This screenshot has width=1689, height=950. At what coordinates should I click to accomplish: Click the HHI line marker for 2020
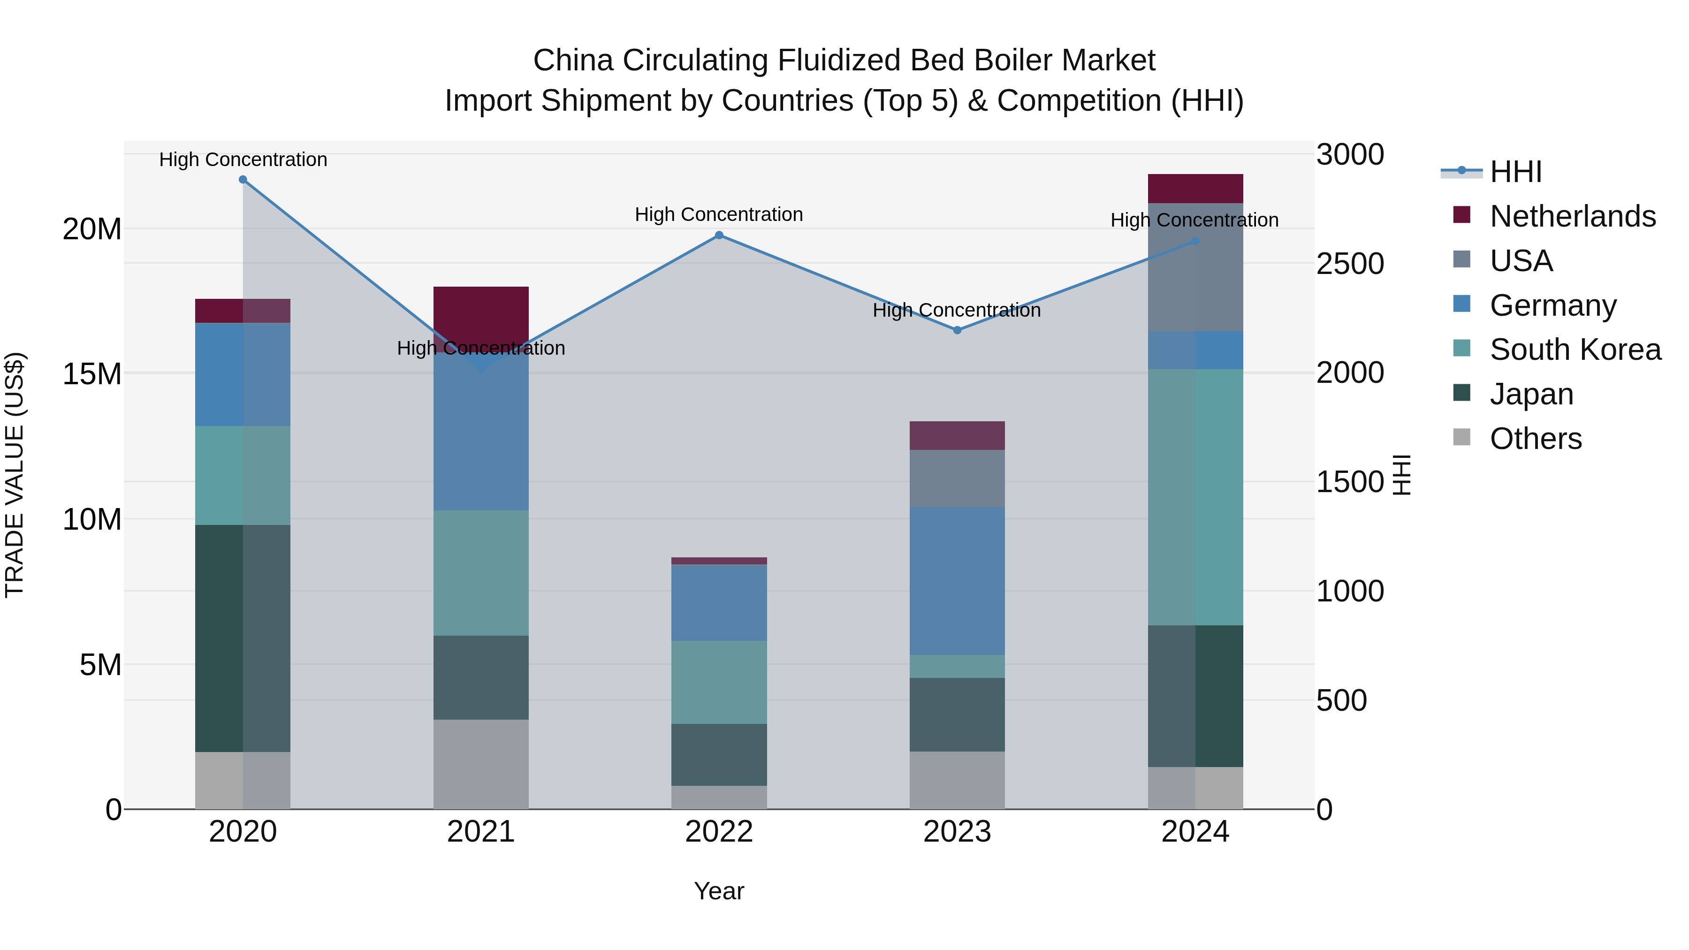coord(243,180)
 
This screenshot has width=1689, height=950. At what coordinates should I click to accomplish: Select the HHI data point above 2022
coord(719,236)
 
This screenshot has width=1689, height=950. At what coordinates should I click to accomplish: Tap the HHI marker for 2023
coord(957,330)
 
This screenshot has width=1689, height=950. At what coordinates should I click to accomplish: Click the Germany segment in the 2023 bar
coord(957,581)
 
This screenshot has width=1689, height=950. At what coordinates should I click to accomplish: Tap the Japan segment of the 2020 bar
coord(243,638)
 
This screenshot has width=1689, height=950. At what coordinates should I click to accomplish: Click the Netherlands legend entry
coord(1572,216)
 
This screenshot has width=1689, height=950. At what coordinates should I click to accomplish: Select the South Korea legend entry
coord(1575,350)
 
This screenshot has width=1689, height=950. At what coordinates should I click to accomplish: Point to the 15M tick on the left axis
coord(92,374)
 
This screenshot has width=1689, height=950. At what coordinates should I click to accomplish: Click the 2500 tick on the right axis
coord(1350,264)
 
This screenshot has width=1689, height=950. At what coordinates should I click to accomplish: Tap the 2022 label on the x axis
coord(719,832)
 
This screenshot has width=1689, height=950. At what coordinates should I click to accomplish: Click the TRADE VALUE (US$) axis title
coord(15,475)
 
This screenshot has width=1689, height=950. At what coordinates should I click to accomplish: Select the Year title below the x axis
coord(719,891)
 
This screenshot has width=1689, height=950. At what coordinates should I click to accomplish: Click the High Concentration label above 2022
coord(719,214)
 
